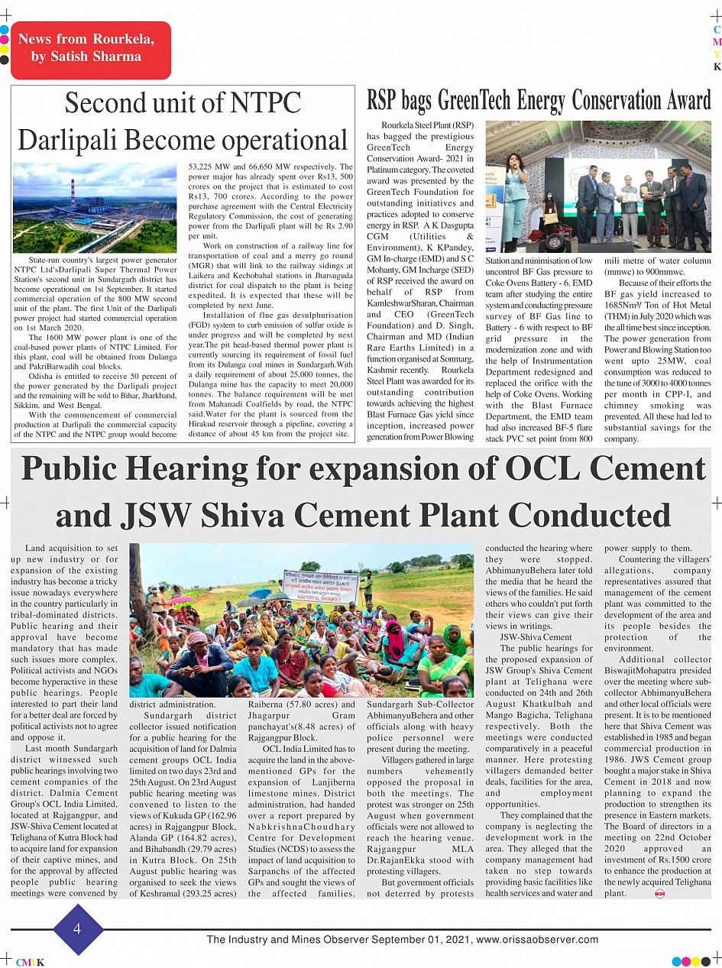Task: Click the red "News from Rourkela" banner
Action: coord(90,49)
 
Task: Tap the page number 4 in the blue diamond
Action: coord(76,929)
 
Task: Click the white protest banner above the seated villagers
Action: coord(320,587)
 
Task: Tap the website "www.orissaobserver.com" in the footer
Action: coord(537,940)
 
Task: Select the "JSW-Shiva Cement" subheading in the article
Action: coord(536,637)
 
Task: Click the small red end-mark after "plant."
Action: coord(660,894)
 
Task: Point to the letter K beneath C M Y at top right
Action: coord(717,67)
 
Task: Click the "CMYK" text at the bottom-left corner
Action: coord(30,962)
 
